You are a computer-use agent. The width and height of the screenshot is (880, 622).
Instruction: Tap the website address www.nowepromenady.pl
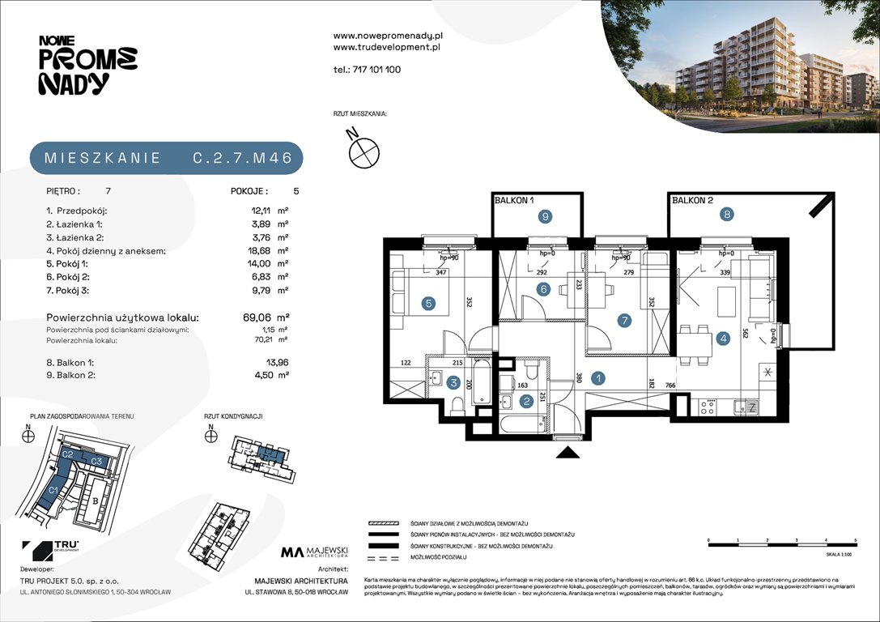click(387, 36)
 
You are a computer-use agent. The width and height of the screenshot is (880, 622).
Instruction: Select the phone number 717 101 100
click(376, 70)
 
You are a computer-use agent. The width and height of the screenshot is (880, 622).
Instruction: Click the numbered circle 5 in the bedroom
click(428, 304)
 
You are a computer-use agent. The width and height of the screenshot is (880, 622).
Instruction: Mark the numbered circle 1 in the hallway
click(597, 377)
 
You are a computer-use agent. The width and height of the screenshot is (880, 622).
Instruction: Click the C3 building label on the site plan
click(96, 461)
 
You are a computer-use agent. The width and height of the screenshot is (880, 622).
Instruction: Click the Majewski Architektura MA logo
click(314, 553)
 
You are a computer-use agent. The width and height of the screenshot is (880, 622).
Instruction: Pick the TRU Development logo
click(51, 550)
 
